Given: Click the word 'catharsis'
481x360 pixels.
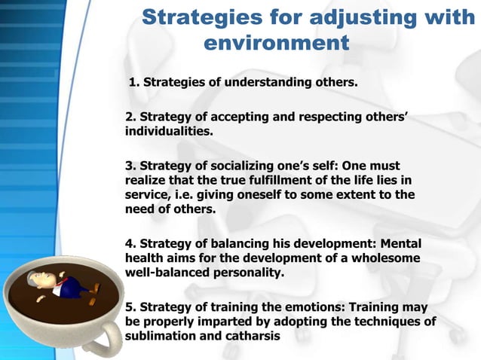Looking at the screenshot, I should coord(250,337).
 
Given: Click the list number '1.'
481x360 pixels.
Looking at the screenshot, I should coord(135,81).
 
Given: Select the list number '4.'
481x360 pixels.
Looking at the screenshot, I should coord(130,244).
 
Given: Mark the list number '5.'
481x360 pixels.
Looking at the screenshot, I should coord(130,308).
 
